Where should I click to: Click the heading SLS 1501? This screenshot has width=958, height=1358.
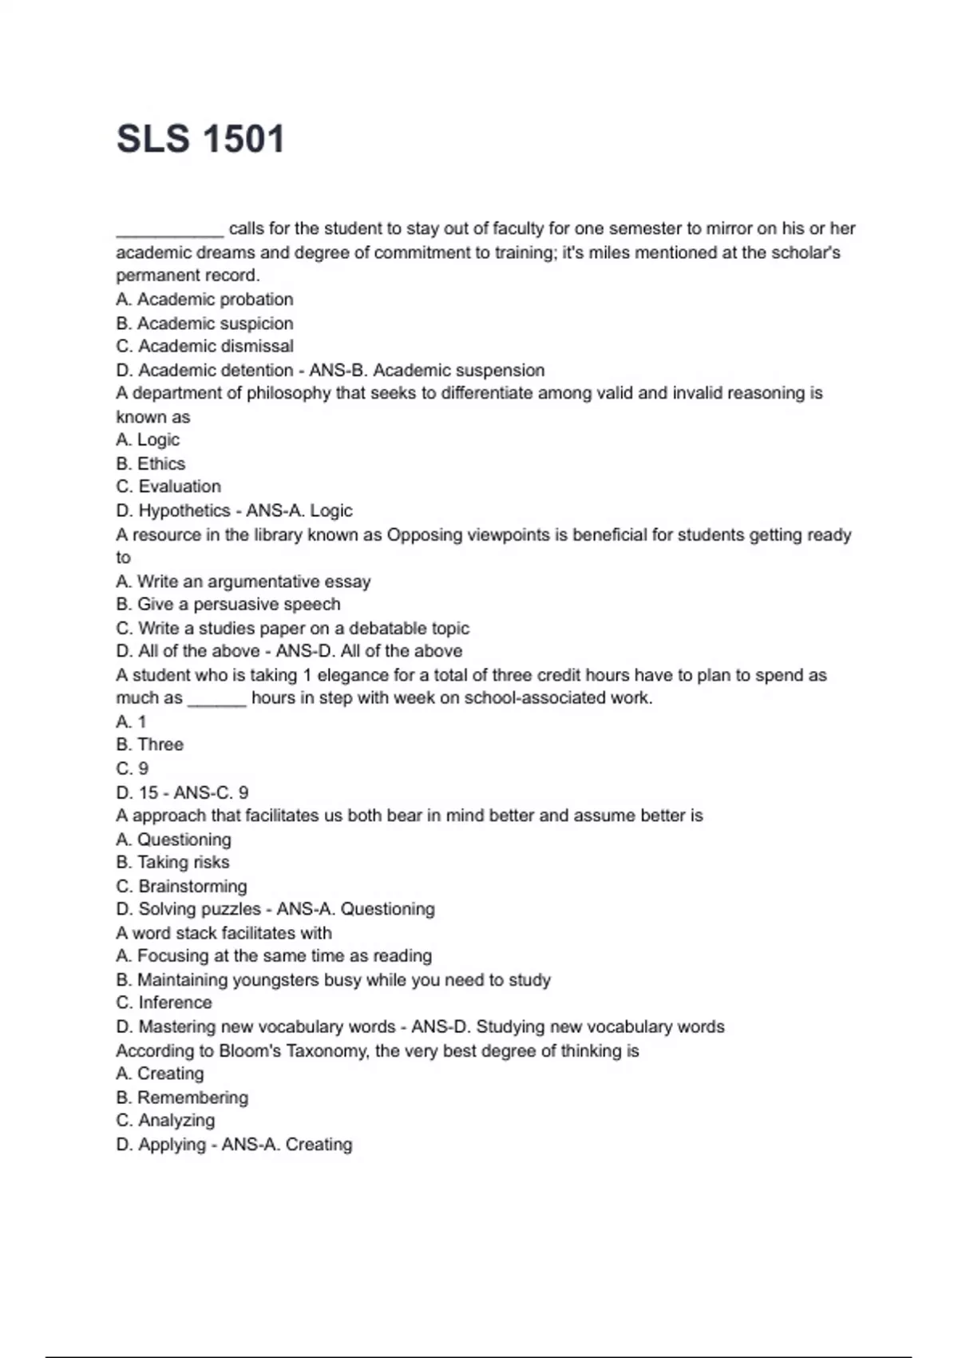[200, 139]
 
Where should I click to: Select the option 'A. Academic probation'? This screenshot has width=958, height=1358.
[204, 300]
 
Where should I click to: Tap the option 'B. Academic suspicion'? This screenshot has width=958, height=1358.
[204, 324]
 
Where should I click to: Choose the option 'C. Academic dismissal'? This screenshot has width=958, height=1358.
[204, 347]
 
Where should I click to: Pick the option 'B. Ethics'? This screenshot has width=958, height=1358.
[150, 464]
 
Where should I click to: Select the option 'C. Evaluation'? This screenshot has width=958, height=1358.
[168, 486]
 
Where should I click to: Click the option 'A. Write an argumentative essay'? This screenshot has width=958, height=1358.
[243, 582]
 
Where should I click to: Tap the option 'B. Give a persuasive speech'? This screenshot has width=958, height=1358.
[228, 605]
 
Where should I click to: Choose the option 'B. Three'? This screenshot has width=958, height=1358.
[149, 745]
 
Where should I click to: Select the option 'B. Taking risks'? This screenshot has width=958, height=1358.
[172, 863]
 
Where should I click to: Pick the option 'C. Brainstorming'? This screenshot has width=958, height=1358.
[181, 887]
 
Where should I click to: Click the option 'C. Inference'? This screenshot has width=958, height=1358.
[164, 1003]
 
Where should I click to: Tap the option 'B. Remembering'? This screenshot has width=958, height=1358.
[182, 1098]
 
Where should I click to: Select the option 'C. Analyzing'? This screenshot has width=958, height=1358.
[165, 1121]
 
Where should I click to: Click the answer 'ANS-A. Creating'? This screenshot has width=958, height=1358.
[287, 1145]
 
